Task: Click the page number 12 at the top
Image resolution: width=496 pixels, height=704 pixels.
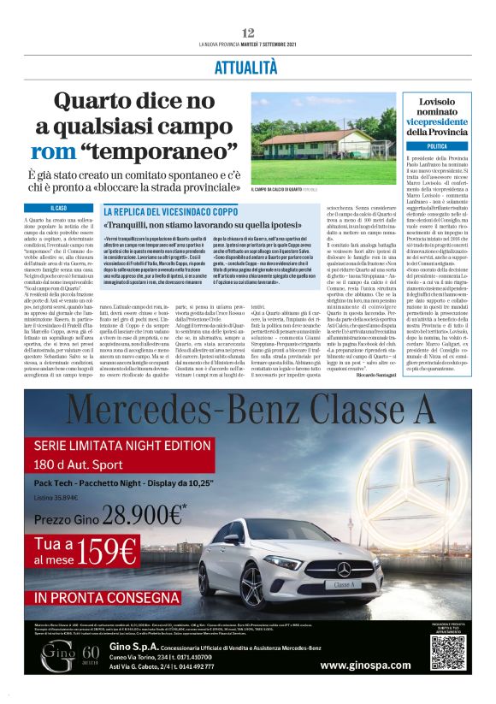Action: point(248,33)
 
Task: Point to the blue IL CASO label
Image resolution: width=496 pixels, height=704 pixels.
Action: point(59,208)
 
